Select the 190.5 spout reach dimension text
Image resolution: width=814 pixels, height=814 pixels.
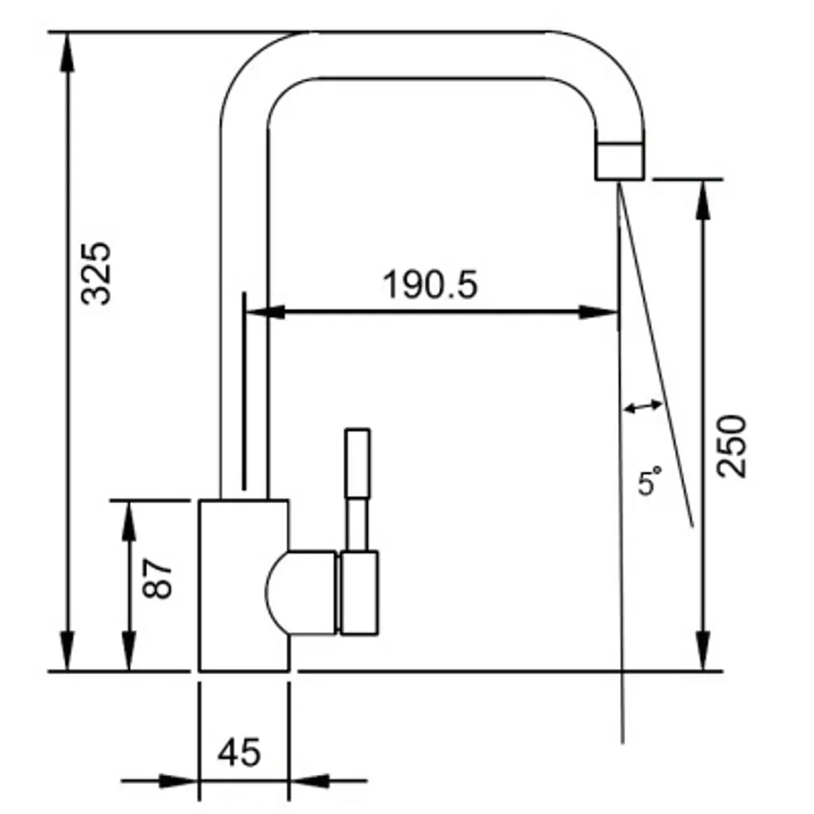430,285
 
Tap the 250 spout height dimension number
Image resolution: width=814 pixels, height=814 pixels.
731,445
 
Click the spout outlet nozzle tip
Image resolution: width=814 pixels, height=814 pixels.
620,160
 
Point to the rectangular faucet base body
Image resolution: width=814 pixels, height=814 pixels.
236,585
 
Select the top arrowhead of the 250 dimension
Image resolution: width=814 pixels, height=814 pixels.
702,196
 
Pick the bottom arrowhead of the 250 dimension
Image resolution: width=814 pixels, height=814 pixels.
702,654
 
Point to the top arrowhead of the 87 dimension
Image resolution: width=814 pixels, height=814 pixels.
128,518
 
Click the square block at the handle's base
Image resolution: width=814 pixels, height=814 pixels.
359,593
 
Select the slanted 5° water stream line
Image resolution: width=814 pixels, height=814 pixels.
658,358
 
